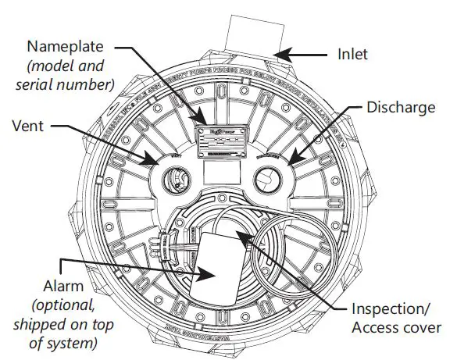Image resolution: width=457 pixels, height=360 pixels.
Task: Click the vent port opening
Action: tap(176, 180)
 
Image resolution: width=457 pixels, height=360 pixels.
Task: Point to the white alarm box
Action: tap(216, 266)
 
